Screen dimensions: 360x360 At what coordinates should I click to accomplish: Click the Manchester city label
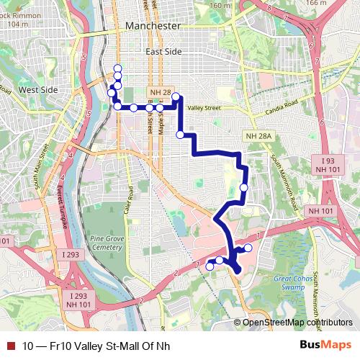point(153,25)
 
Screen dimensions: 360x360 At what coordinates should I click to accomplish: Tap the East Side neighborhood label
point(164,52)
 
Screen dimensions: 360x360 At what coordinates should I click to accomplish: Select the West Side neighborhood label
point(37,90)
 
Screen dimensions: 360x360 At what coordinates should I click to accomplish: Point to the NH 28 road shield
point(160,92)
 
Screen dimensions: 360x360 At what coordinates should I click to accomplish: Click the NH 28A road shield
point(259,136)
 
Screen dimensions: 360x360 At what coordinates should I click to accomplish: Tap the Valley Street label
point(203,108)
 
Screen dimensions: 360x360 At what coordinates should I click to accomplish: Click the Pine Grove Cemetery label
point(107,242)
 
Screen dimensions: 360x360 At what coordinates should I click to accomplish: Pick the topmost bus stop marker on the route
point(117,68)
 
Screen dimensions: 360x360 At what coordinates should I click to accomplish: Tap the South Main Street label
point(40,168)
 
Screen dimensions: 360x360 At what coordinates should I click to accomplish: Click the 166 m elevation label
point(336,3)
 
